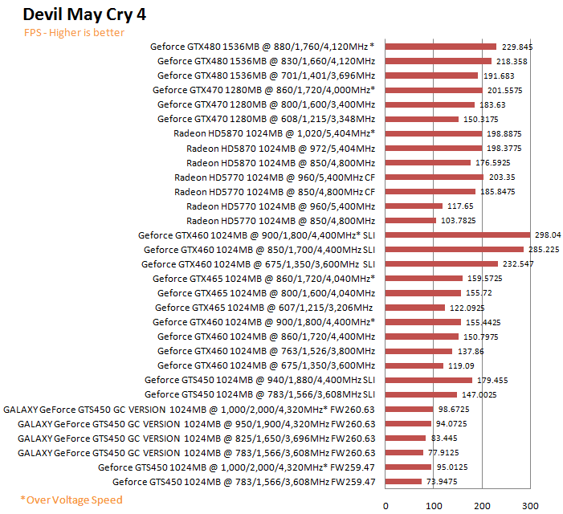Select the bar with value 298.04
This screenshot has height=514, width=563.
click(458, 235)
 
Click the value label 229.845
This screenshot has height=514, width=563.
click(516, 47)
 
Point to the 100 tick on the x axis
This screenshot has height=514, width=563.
click(434, 505)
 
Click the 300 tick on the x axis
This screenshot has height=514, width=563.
click(530, 505)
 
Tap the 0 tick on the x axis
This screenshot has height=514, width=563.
click(386, 505)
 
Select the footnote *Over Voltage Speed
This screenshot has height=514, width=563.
click(71, 500)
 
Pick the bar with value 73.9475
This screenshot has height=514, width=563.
click(404, 481)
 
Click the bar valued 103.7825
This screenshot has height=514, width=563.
click(411, 220)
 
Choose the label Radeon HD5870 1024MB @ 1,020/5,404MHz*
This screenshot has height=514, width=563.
click(274, 133)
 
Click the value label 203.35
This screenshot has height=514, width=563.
click(501, 177)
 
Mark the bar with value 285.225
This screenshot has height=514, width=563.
click(455, 250)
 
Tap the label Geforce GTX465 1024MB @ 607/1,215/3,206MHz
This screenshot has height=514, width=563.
click(264, 308)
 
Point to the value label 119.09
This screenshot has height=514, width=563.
click(459, 365)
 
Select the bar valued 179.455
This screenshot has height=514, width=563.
click(429, 380)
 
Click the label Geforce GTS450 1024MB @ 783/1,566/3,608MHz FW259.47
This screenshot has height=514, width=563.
click(243, 481)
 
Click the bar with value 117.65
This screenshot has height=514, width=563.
click(414, 206)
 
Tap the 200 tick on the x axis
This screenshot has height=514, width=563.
click(482, 505)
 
